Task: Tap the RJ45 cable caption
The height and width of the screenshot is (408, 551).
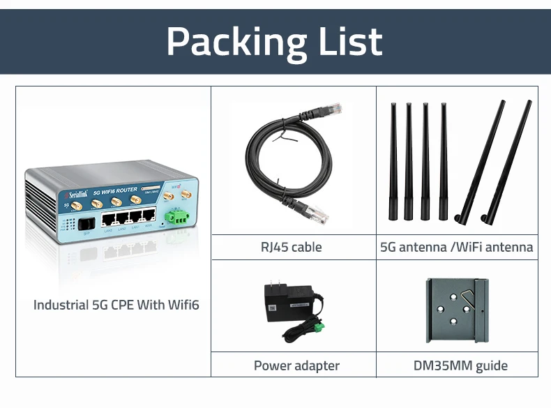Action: [292, 247]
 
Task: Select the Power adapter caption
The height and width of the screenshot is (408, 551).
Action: [296, 365]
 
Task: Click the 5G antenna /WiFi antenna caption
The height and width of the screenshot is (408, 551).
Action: [457, 247]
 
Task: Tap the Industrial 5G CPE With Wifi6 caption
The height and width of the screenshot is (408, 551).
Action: [116, 305]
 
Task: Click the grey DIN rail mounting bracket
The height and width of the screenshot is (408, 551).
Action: [457, 310]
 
